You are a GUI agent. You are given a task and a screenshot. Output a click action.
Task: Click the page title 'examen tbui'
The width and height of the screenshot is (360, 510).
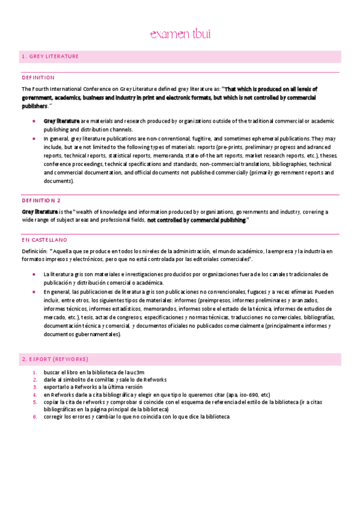pos(180,34)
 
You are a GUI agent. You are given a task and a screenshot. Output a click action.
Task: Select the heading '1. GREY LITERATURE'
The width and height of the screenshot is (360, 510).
pos(50,57)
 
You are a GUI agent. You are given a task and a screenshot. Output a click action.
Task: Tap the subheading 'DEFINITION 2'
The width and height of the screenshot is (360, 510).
pos(41,200)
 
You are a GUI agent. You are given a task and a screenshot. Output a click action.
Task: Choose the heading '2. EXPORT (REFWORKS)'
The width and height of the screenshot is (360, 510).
pos(55,359)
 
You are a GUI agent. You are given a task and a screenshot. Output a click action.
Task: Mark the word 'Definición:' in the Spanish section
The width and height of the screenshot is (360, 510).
pos(34,250)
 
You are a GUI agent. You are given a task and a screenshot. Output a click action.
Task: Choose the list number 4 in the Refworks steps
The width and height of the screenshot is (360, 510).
pos(35,395)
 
